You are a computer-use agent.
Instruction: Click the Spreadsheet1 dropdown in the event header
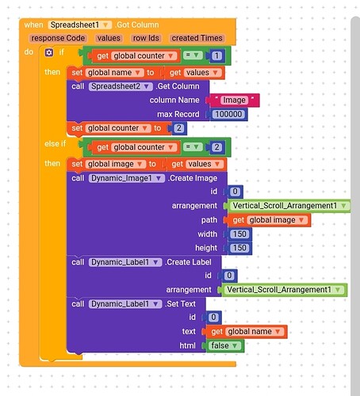coord(80,25)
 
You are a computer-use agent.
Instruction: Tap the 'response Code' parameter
coord(58,38)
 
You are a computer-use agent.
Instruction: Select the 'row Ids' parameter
coord(146,38)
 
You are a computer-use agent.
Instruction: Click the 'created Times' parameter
coord(197,38)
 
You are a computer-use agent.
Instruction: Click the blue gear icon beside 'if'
coord(49,52)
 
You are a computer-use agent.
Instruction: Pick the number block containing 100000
coord(228,114)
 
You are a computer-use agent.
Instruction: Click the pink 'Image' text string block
coord(234,100)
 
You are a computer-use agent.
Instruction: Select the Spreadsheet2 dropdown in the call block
coord(121,86)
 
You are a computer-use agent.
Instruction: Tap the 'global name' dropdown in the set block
coord(114,73)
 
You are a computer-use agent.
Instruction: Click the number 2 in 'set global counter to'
coord(179,128)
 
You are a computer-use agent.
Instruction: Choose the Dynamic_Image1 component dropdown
coord(127,178)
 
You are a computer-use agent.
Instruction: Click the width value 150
coord(239,234)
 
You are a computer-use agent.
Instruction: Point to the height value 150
coord(239,248)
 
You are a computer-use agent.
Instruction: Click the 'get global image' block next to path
coord(269,220)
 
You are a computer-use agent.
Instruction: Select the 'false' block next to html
coord(224,345)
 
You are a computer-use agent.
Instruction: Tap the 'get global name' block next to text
coord(247,332)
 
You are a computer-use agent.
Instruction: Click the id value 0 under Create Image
coord(235,192)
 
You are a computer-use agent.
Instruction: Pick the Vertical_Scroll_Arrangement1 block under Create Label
coord(284,290)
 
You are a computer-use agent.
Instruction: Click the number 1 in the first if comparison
coord(216,55)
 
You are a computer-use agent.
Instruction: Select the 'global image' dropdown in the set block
coord(116,164)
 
